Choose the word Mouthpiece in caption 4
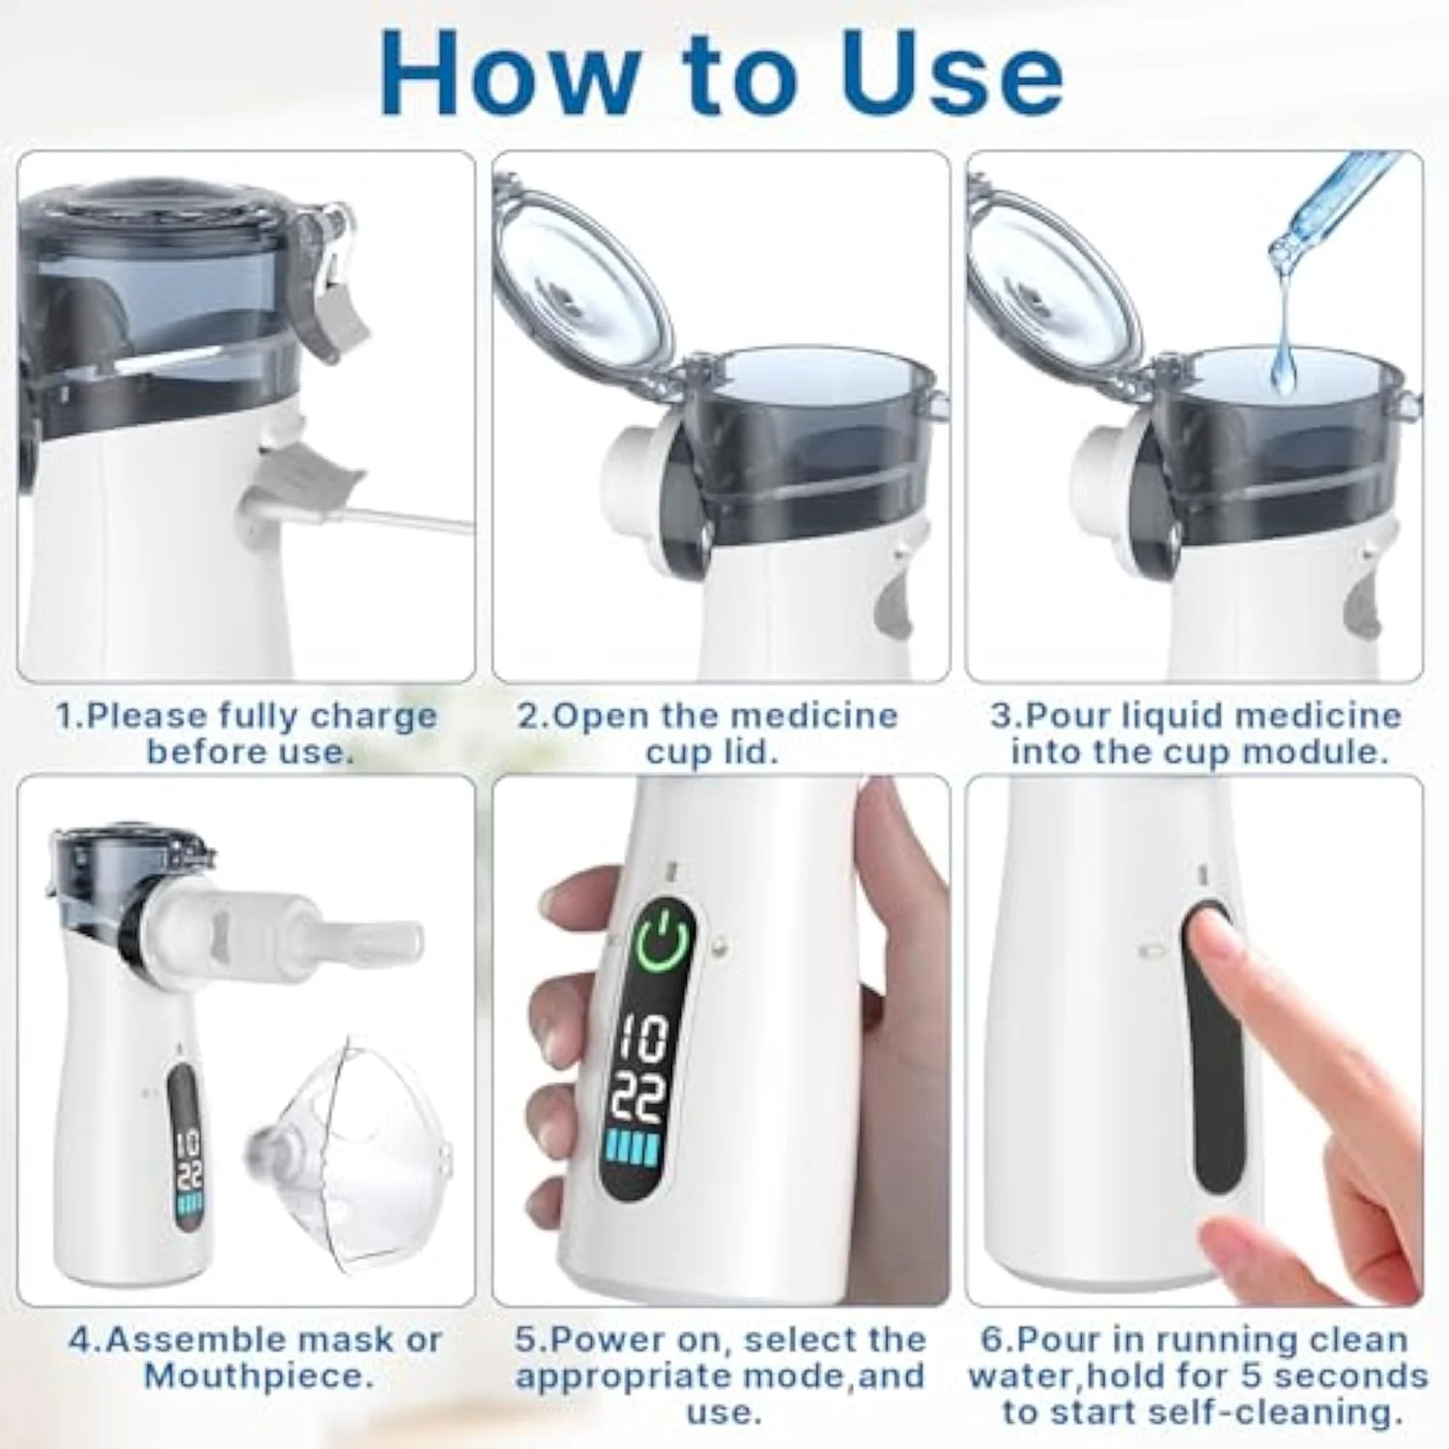[x=259, y=1377]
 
